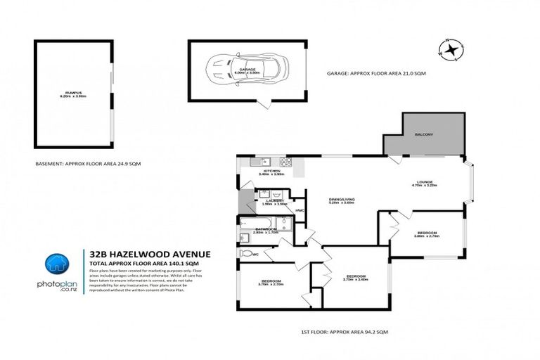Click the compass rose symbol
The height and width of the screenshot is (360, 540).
coord(449,49)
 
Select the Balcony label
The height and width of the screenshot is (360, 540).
coord(424,134)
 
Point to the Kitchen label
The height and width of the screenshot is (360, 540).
coord(272,171)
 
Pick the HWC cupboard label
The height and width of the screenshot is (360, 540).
coord(299,210)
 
